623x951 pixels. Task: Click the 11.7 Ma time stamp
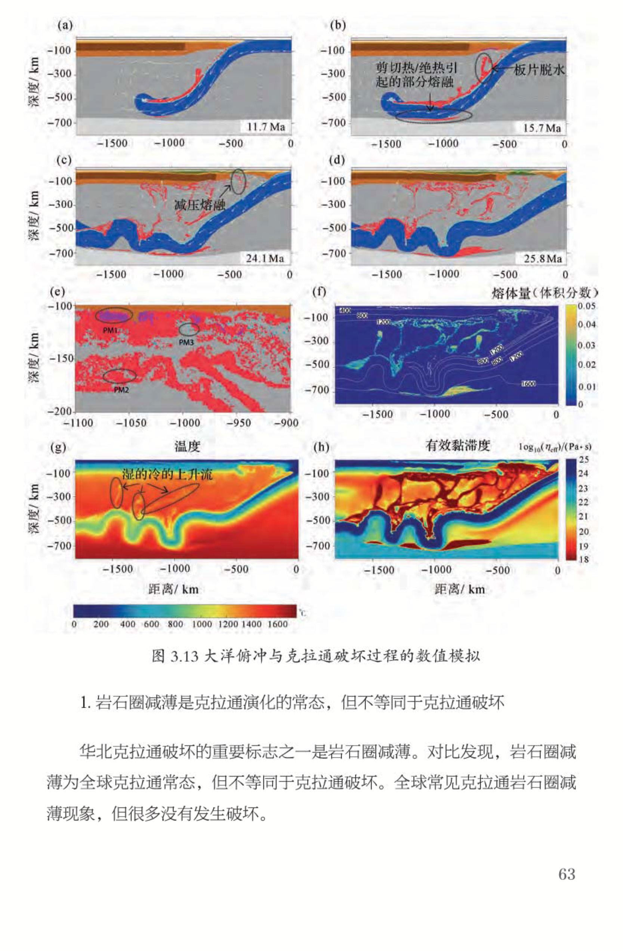[x=266, y=127]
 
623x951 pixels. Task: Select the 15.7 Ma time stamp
[x=542, y=128]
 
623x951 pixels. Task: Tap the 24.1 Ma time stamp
[x=265, y=258]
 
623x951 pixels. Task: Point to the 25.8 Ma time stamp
[x=543, y=259]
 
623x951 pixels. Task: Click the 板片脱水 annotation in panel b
[x=539, y=70]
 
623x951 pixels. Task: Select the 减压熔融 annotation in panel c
[x=200, y=206]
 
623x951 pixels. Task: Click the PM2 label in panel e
[x=121, y=390]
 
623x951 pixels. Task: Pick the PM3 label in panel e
[x=186, y=342]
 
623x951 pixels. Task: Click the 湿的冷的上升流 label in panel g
[x=167, y=474]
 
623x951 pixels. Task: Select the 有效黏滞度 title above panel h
[x=457, y=445]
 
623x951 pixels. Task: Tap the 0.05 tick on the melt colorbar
[x=587, y=306]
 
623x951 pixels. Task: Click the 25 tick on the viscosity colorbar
[x=584, y=460]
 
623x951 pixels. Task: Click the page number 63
[x=567, y=874]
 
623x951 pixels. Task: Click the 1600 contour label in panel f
[x=528, y=384]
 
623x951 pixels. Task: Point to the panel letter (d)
[x=339, y=160]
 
